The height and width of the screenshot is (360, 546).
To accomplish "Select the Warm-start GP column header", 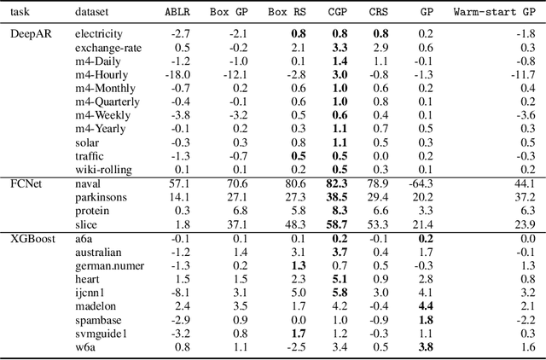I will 498,14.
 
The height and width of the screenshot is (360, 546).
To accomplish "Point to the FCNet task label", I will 27,183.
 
